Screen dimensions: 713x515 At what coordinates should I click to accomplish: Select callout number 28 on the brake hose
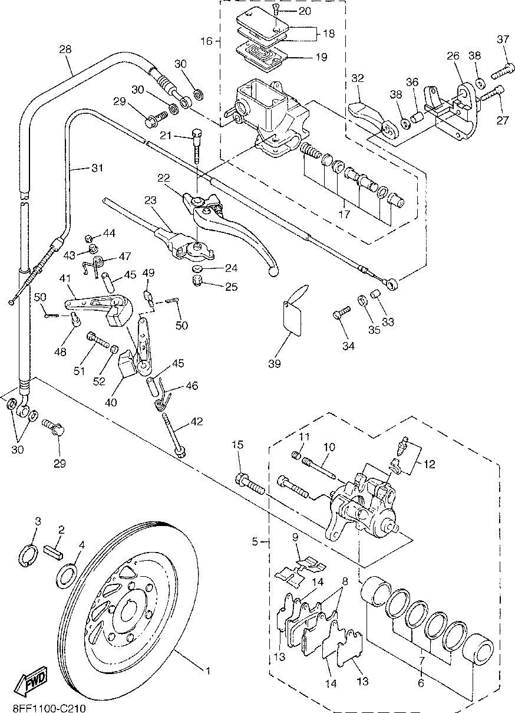pyautogui.click(x=65, y=50)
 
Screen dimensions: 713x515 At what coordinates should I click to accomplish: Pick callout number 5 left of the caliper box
pyautogui.click(x=255, y=541)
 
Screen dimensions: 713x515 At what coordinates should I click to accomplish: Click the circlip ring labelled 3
pyautogui.click(x=29, y=556)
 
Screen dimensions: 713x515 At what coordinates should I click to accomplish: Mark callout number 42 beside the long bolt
pyautogui.click(x=196, y=422)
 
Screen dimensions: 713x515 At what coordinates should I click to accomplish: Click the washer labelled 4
pyautogui.click(x=67, y=573)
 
